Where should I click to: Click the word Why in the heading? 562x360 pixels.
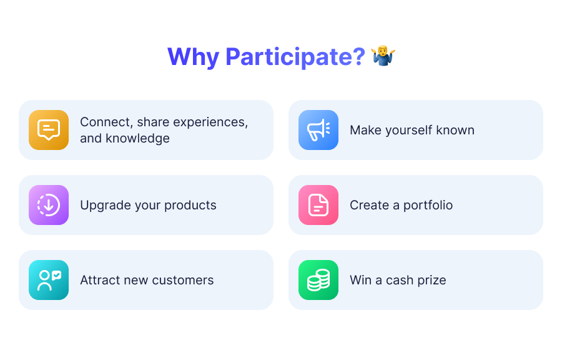coord(193,57)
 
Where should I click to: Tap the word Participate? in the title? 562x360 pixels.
coord(295,57)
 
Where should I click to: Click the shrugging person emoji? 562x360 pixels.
coord(383,56)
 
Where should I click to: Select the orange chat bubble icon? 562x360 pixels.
coord(49,130)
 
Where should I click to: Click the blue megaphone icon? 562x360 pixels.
coord(318,130)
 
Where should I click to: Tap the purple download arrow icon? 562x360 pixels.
coord(49,205)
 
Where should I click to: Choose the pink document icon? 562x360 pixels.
coord(318,205)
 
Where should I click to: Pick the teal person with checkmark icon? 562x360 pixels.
coord(49,279)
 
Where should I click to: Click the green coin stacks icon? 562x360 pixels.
coord(318,279)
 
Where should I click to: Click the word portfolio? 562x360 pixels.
coord(428,205)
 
